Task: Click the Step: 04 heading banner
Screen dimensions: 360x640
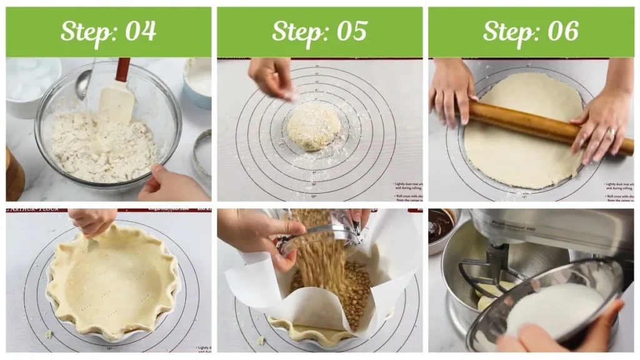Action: click(108, 32)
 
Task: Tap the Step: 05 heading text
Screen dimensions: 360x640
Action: click(319, 32)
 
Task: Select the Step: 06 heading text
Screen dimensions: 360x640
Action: click(531, 32)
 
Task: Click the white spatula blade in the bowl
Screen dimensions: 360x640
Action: click(117, 101)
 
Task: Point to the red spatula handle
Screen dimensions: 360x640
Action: click(122, 69)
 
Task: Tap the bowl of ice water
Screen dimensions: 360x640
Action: click(28, 84)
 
